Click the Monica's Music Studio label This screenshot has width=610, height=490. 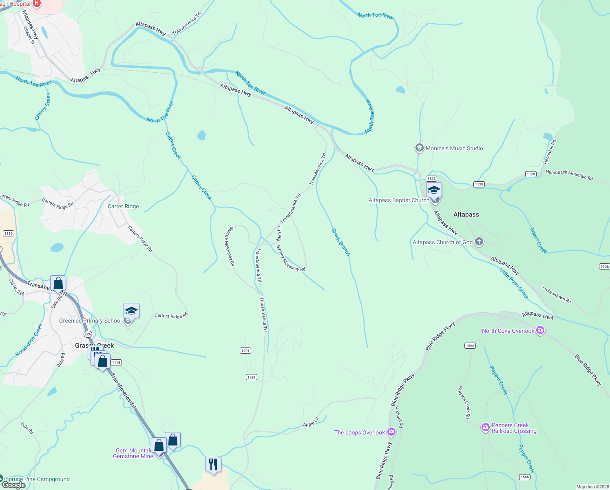point(454,148)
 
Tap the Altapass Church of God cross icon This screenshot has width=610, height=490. point(479,242)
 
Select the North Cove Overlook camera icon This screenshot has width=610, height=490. point(540,331)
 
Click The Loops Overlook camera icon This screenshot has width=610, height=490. point(391,432)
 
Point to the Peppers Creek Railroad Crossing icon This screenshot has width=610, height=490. point(485,428)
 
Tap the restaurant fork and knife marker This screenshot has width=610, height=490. point(213,465)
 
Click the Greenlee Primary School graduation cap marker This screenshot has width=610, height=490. point(131,312)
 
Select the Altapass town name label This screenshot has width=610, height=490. point(466,214)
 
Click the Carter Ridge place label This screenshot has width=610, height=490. point(123,206)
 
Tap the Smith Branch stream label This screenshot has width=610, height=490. point(341,242)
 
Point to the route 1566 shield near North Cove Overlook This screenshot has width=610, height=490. point(470,346)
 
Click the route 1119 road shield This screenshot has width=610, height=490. point(9,234)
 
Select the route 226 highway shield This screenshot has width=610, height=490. point(88,334)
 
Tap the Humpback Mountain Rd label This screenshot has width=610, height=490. point(569,175)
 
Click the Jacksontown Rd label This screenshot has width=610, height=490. point(556,294)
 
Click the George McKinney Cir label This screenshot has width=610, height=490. point(230,247)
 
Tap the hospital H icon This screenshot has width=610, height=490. point(36,4)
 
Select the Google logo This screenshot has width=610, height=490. point(14,485)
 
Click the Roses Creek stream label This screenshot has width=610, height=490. point(538,241)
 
